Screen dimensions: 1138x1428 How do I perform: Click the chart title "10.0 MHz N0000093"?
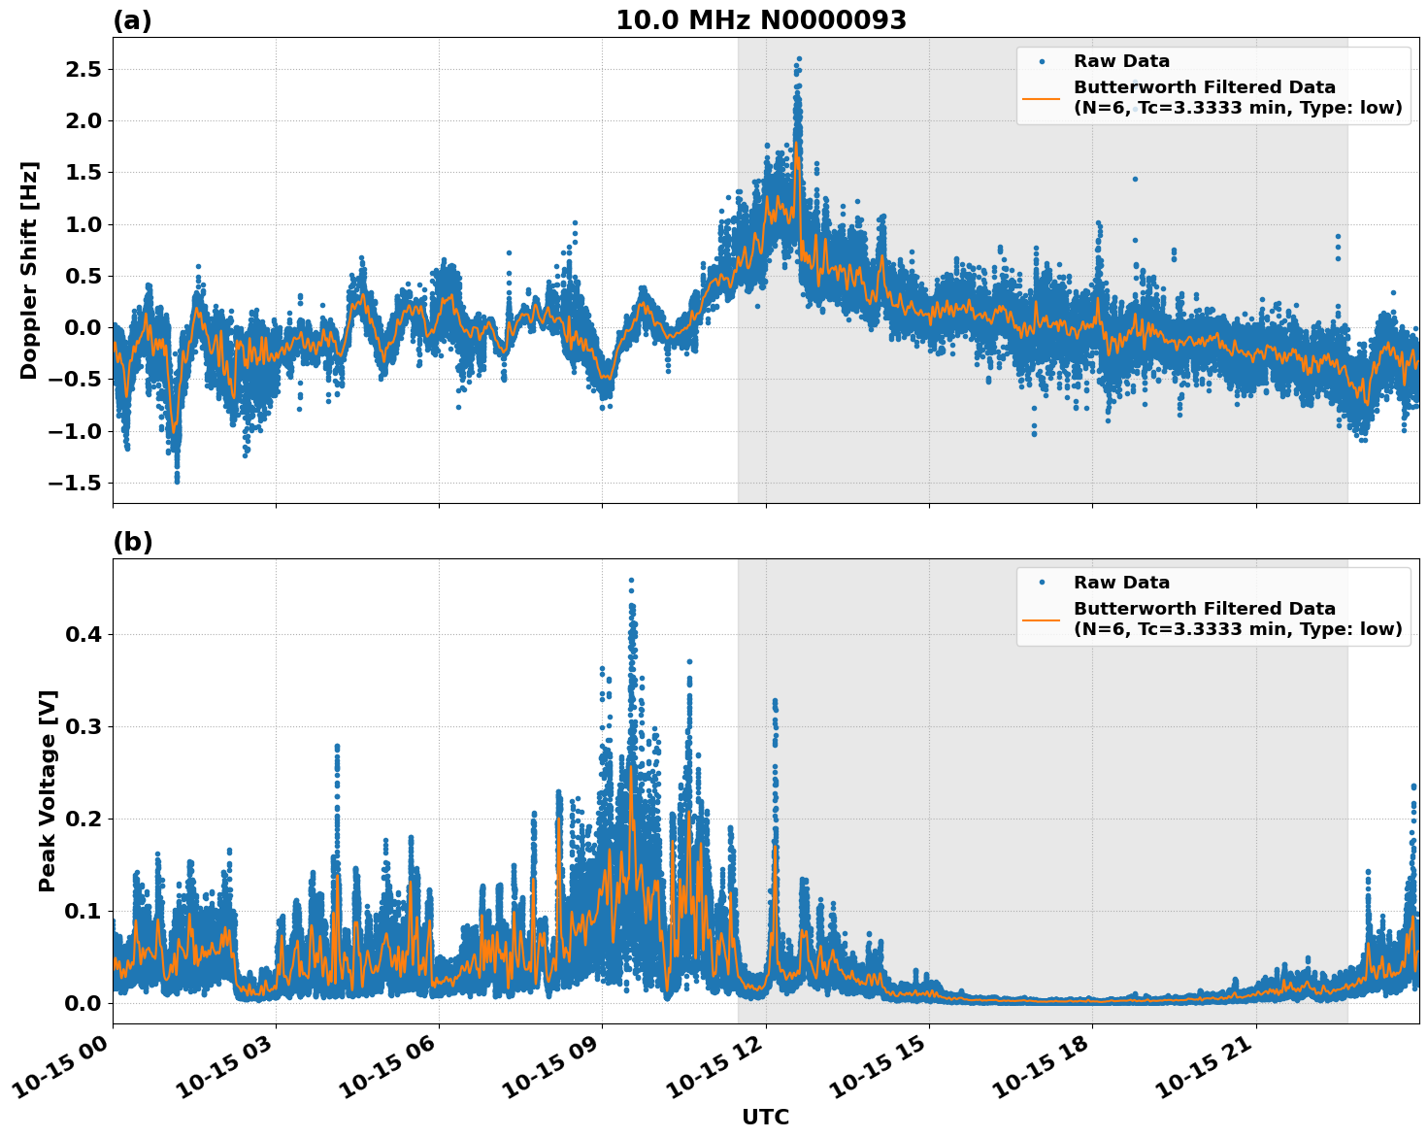pyautogui.click(x=760, y=20)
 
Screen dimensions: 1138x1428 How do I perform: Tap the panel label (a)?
pyautogui.click(x=132, y=20)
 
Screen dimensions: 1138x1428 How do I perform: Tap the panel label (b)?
pyautogui.click(x=132, y=542)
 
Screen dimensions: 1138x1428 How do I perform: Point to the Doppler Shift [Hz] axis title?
pyautogui.click(x=29, y=270)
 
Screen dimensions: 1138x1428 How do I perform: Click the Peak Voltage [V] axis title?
pyautogui.click(x=48, y=790)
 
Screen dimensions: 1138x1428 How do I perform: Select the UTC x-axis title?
pyautogui.click(x=765, y=1117)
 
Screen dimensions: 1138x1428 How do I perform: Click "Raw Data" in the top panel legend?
pyautogui.click(x=1121, y=61)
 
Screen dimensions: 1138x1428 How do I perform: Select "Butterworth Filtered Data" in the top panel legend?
pyautogui.click(x=1204, y=87)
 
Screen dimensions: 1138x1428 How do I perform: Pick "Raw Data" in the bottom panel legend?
pyautogui.click(x=1121, y=583)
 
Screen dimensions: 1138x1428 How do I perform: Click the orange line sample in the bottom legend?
pyautogui.click(x=1042, y=619)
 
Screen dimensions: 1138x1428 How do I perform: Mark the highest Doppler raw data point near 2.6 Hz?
pyautogui.click(x=799, y=59)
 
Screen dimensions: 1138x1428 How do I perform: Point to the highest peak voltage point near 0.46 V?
pyautogui.click(x=631, y=581)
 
